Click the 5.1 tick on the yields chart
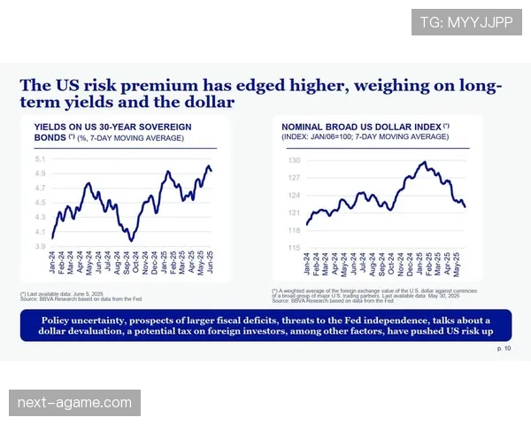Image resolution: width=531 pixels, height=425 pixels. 41,159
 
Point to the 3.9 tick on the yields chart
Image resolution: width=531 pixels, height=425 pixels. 41,246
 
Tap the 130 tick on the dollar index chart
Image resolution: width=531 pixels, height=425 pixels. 294,160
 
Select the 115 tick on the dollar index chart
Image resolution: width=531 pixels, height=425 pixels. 294,248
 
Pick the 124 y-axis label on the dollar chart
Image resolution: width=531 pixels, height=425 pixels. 294,196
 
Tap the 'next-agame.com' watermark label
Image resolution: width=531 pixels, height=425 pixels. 74,404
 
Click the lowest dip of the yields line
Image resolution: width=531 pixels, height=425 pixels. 132,240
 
